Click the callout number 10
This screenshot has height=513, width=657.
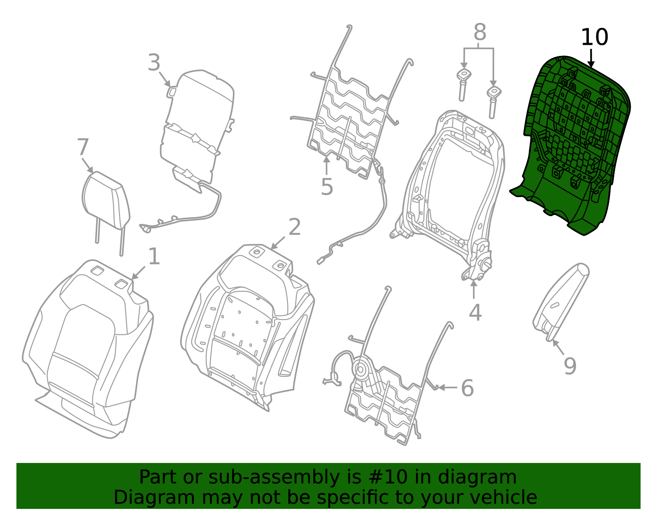(x=594, y=38)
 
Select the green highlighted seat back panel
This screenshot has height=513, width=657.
(x=575, y=144)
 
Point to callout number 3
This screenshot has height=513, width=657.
(x=154, y=63)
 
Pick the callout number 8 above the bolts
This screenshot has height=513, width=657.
(x=480, y=32)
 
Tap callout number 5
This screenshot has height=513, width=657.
(x=326, y=187)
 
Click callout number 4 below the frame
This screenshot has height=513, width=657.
(x=475, y=313)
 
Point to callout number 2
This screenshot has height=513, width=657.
(x=294, y=227)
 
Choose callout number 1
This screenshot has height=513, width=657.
(x=154, y=257)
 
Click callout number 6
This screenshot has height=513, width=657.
(x=467, y=388)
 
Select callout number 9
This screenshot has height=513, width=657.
(x=570, y=366)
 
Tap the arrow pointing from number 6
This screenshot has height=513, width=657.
(x=448, y=387)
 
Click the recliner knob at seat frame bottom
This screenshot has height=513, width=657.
(x=485, y=263)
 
